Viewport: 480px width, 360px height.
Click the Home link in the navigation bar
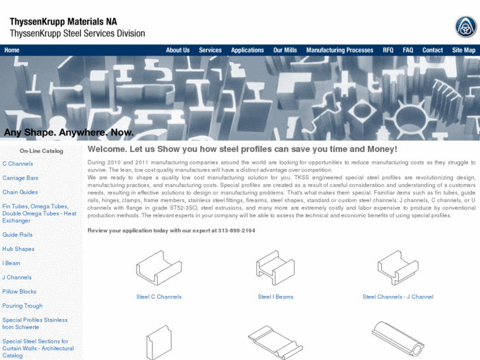(12, 50)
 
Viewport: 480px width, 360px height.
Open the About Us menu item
(178, 50)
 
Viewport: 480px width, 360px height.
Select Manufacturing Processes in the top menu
(340, 50)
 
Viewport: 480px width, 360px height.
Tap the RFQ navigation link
(388, 50)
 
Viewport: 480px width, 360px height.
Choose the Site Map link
(463, 50)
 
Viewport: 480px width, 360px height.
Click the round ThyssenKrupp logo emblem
(465, 27)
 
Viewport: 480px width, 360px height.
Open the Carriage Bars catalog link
(20, 178)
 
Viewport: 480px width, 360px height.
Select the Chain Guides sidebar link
(20, 192)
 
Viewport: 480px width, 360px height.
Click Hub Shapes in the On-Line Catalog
(18, 249)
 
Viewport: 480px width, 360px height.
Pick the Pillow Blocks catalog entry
(19, 292)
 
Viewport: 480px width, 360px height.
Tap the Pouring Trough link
(22, 306)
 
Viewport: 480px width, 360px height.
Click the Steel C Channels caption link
(159, 297)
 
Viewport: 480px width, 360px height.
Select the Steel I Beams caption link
(275, 297)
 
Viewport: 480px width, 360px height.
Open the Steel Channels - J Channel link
(398, 297)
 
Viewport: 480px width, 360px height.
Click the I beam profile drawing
(275, 268)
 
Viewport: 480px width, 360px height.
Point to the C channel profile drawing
(159, 268)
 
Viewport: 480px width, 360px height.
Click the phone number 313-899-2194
(236, 231)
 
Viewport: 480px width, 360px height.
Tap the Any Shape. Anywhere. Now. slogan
(69, 132)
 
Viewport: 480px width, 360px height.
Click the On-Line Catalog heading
(42, 151)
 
